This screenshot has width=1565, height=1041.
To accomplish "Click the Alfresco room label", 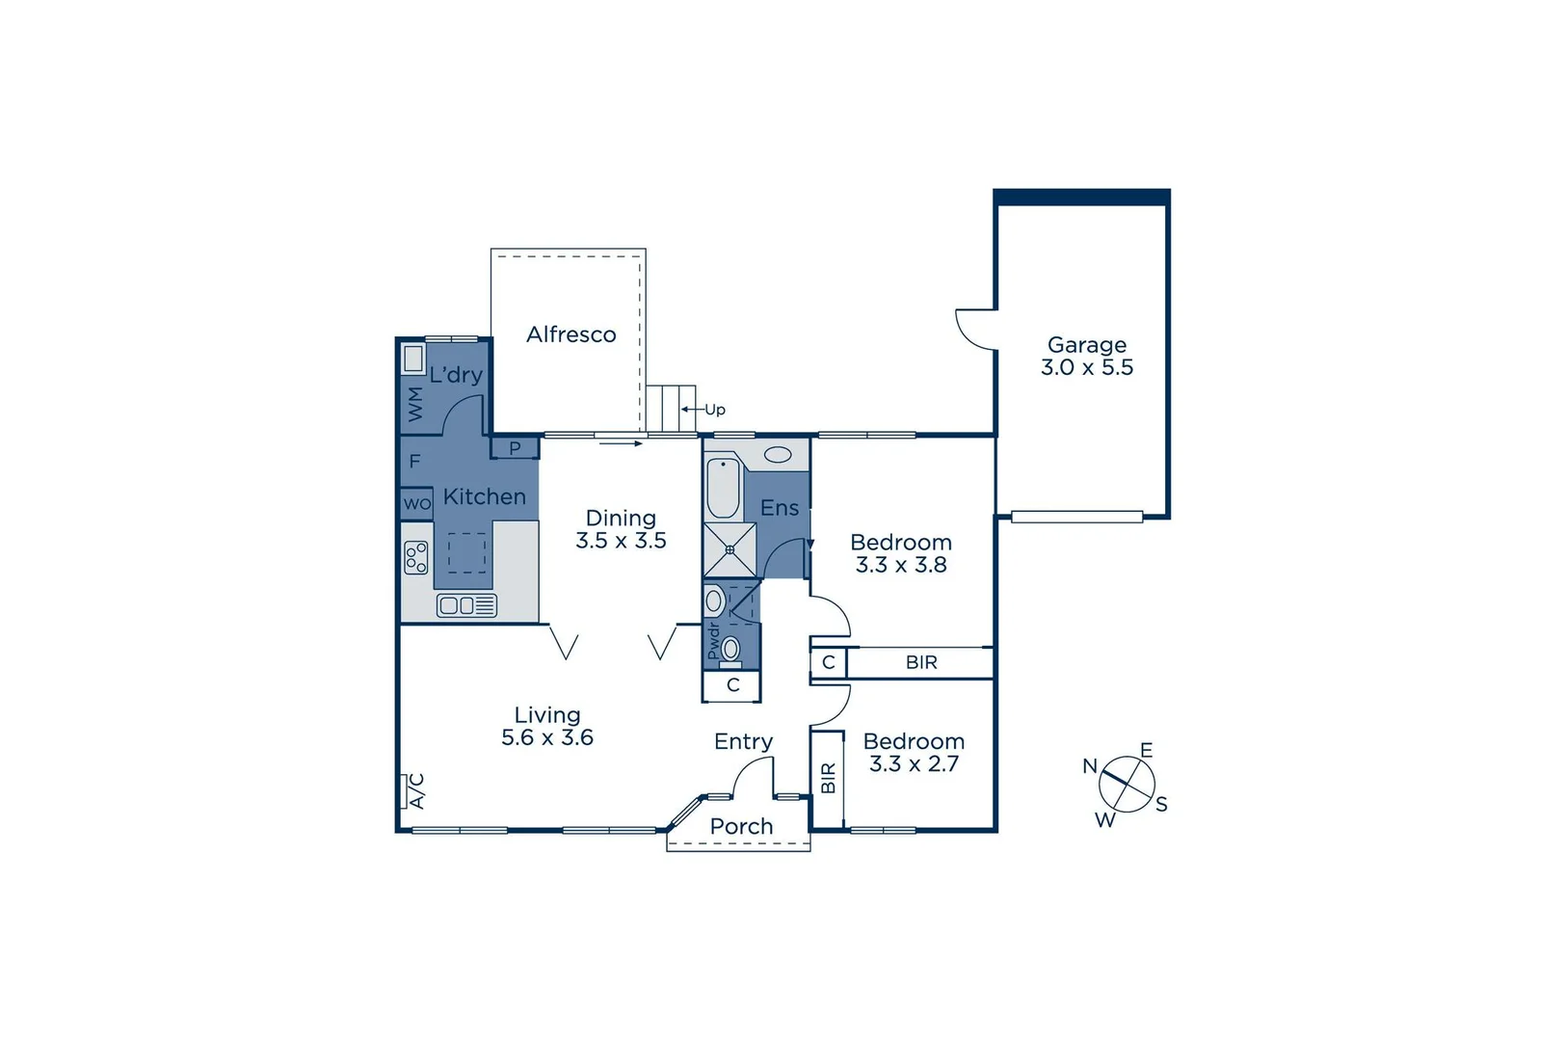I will pyautogui.click(x=571, y=334).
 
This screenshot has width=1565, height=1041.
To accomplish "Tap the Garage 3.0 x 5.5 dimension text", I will pyautogui.click(x=1087, y=367).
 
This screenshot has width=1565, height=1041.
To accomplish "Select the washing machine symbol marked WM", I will pyautogui.click(x=415, y=403).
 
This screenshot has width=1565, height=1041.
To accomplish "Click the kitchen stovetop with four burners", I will pyautogui.click(x=416, y=557).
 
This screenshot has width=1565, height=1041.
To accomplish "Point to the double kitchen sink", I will pyautogui.click(x=466, y=605).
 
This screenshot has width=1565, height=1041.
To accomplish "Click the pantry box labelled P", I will pyautogui.click(x=515, y=448).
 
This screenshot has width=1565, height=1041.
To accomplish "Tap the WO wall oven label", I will pyautogui.click(x=416, y=503).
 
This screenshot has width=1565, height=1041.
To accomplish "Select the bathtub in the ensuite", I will pyautogui.click(x=723, y=488).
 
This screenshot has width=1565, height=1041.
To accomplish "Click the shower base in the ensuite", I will pyautogui.click(x=729, y=549).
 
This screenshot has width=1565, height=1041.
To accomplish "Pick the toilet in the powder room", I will pyautogui.click(x=730, y=649).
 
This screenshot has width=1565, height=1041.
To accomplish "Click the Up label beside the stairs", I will pyautogui.click(x=715, y=410).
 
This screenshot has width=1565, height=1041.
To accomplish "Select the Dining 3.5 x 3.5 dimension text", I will pyautogui.click(x=621, y=541).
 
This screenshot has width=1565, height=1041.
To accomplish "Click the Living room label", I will pyautogui.click(x=547, y=715).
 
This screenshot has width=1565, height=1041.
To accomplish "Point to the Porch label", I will pyautogui.click(x=741, y=826).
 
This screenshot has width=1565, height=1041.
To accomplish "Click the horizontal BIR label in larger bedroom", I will pyautogui.click(x=921, y=662).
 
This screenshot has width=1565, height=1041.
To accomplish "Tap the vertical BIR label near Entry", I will pyautogui.click(x=828, y=778).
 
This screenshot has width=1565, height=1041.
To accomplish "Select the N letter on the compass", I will pyautogui.click(x=1090, y=766).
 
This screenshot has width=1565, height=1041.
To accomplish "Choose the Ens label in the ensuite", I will pyautogui.click(x=780, y=508).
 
